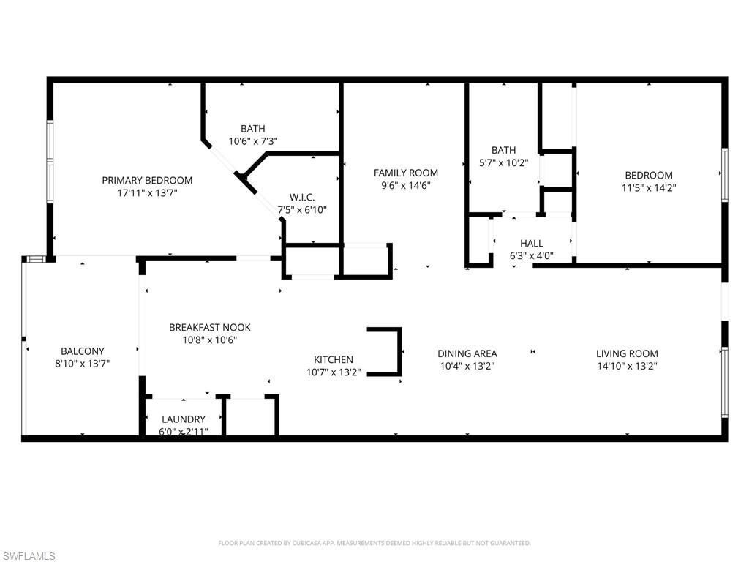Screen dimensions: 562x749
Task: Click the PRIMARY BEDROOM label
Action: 147,180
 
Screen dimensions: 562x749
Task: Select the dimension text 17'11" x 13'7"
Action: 147,193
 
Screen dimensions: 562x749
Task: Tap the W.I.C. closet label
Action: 301,196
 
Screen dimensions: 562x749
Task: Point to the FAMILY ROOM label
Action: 406,173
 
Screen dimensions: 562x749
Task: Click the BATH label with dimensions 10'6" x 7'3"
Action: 253,129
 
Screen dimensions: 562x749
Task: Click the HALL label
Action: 531,243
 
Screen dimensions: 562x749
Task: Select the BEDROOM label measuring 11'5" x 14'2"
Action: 648,175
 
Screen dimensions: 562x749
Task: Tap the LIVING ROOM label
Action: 627,353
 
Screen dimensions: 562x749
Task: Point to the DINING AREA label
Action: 467,353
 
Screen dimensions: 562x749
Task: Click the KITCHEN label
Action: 334,359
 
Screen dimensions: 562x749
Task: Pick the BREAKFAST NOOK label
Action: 210,327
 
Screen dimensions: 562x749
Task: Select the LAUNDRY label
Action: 184,419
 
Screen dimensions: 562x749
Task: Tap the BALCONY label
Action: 82,351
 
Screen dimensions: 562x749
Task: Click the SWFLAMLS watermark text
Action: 28,556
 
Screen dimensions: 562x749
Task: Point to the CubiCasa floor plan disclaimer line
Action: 374,543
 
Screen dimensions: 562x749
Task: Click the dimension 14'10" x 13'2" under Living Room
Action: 627,366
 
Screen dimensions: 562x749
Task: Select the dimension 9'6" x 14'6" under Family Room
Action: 406,186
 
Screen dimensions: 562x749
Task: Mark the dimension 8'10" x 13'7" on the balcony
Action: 82,363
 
